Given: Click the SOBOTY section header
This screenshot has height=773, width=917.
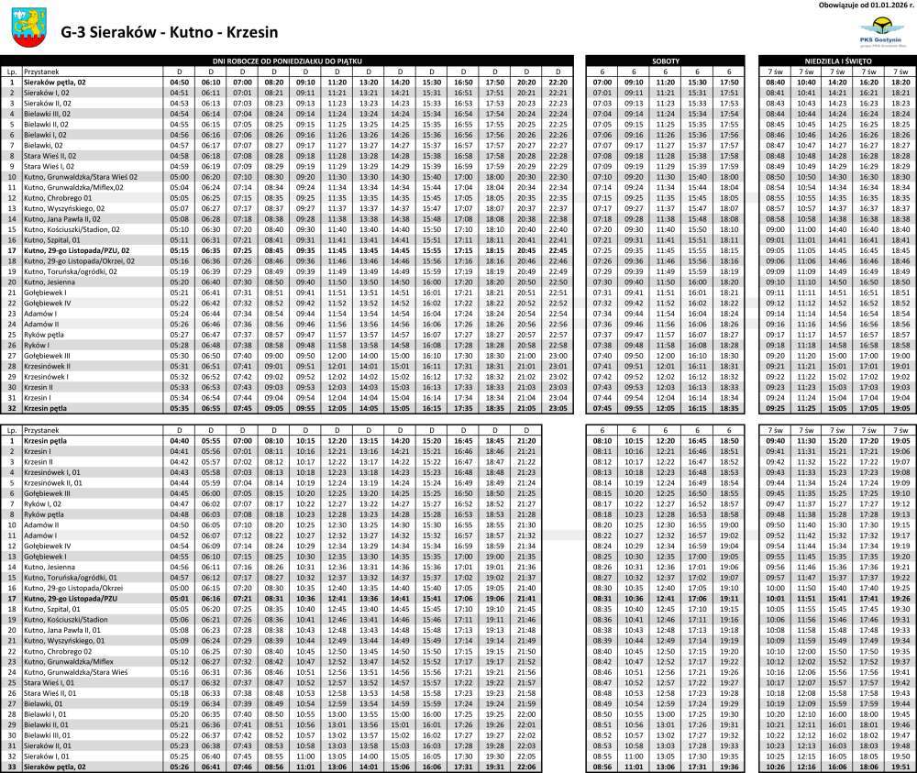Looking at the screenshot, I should click(x=667, y=60).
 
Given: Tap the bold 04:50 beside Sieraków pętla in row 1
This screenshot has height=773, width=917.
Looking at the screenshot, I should click(x=180, y=82).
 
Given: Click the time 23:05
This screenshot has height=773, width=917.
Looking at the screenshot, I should click(x=558, y=408).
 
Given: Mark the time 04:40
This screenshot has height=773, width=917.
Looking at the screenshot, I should click(x=180, y=440).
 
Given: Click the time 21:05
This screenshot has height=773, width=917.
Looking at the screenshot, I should click(x=526, y=408).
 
